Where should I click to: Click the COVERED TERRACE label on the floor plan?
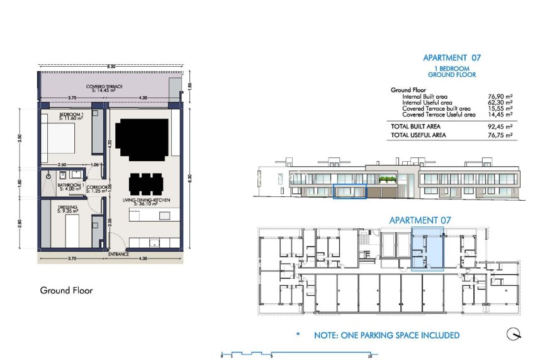(x=105, y=87)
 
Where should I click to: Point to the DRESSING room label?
(x=68, y=207)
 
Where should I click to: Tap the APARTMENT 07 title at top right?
(x=451, y=57)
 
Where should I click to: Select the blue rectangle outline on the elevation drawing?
(x=349, y=191)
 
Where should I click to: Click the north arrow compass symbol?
(x=515, y=335)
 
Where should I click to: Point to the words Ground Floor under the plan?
(x=66, y=290)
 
